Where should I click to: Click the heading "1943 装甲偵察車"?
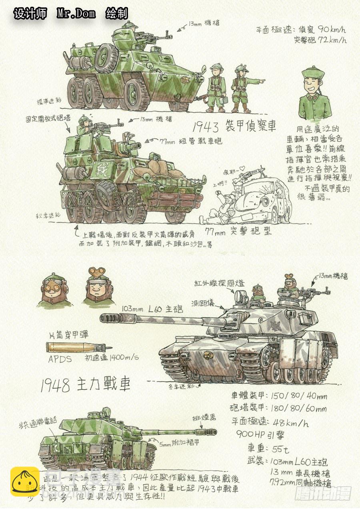click(234, 127)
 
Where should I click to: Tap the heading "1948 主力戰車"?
click(85, 385)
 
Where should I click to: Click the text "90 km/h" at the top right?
click(330, 30)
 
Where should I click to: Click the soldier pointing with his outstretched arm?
click(242, 88)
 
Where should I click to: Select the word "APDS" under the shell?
click(60, 359)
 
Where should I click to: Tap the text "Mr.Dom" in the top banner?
click(76, 14)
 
